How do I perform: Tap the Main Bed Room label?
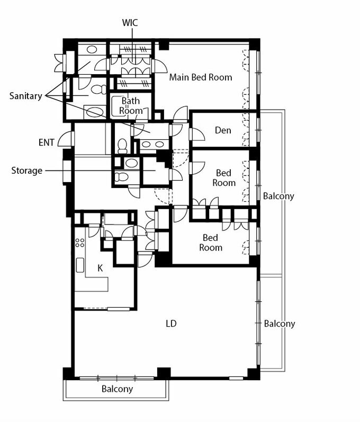201,77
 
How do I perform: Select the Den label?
223,130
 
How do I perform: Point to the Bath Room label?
131,105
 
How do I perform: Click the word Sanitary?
25,96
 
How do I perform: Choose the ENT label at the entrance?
47,142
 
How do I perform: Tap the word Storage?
26,171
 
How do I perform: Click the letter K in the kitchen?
100,268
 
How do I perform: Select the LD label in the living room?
170,323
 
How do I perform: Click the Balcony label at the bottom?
117,389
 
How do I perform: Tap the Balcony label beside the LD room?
279,324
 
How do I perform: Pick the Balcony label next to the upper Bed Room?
278,196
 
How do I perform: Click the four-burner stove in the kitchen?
80,243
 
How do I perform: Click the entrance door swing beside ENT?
65,139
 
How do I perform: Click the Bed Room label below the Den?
223,178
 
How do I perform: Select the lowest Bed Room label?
211,243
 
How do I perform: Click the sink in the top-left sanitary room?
91,49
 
